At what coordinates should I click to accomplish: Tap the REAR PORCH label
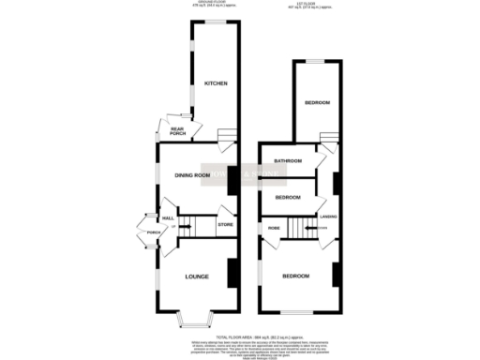[177, 132]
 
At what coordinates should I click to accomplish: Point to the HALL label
[169, 218]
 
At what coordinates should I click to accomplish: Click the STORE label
[224, 225]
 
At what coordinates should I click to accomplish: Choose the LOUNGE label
[195, 277]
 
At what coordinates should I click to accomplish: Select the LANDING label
[328, 217]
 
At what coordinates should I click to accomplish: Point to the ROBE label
[276, 227]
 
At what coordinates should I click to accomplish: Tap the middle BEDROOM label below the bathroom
[288, 198]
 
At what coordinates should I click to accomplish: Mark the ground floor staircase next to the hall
[191, 224]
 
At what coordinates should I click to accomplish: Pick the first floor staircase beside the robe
[301, 227]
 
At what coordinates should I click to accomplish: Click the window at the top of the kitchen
[217, 22]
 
